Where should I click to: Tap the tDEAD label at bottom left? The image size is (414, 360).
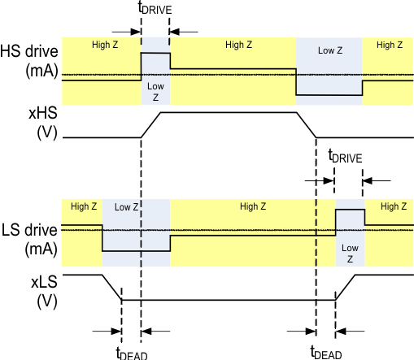pos(131,352)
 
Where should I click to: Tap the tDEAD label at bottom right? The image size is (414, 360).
pos(326,352)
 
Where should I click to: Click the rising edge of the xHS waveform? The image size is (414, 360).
pos(151,125)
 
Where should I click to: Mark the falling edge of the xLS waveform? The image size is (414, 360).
pos(111,288)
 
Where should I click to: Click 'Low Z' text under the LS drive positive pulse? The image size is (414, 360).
pos(350,253)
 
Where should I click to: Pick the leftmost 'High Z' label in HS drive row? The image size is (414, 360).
pos(105,45)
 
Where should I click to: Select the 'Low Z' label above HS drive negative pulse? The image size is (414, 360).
pos(329,50)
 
